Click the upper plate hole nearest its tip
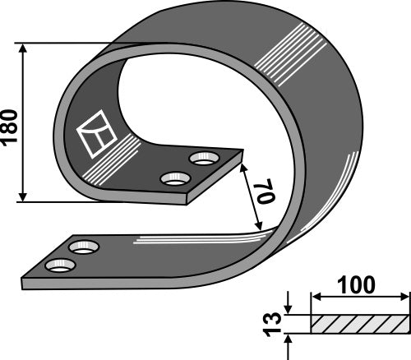(x=201, y=156)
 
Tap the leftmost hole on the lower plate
(x=58, y=265)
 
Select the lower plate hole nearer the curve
(x=83, y=246)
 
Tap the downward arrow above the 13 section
(x=288, y=308)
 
